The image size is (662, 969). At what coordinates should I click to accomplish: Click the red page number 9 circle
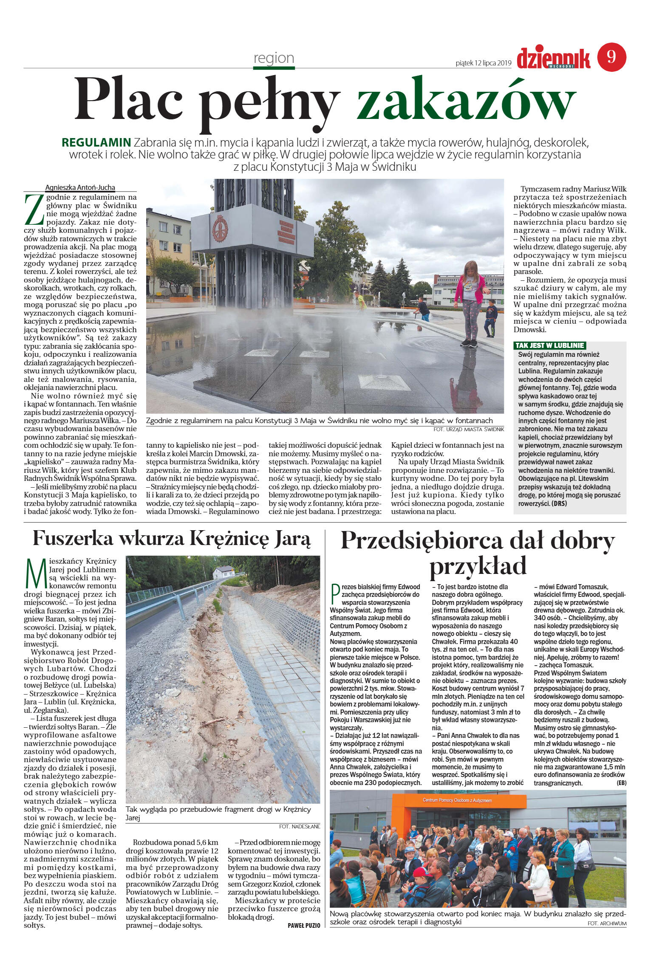(x=611, y=57)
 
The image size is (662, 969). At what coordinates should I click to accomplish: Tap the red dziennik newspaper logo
(x=553, y=58)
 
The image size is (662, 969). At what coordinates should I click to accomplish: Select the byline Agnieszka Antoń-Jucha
(x=80, y=187)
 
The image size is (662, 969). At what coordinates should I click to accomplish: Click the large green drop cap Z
(x=34, y=209)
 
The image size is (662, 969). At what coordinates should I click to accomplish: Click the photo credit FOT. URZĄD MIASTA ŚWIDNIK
(x=469, y=429)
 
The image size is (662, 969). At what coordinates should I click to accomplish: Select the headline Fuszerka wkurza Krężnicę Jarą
(x=172, y=539)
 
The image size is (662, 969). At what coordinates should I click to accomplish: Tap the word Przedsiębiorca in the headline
(x=419, y=542)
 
